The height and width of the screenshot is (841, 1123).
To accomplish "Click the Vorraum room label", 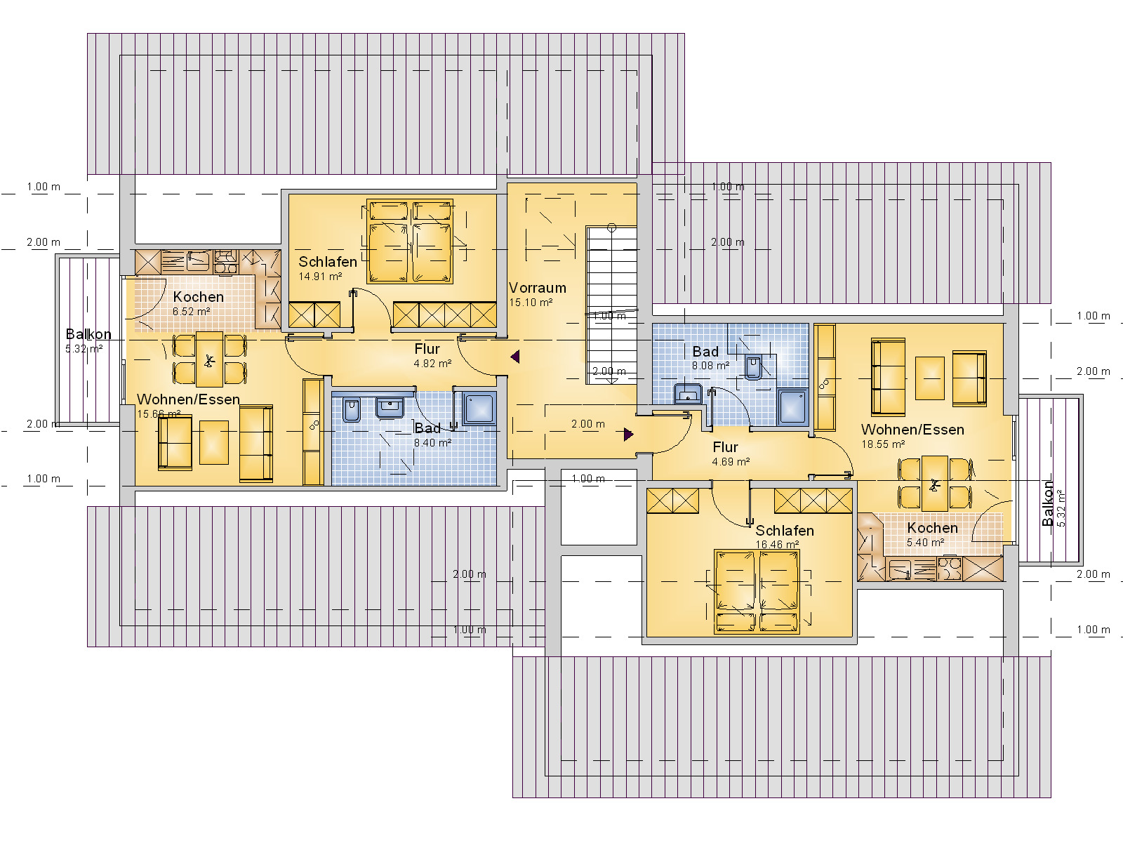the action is pyautogui.click(x=537, y=288).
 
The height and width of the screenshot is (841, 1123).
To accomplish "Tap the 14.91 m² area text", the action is pyautogui.click(x=320, y=277).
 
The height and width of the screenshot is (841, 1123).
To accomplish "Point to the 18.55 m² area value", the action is pyautogui.click(x=883, y=444).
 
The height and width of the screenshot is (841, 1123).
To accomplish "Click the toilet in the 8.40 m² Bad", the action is pyautogui.click(x=352, y=410).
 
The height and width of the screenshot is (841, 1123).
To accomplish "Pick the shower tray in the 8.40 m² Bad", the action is pyautogui.click(x=479, y=409).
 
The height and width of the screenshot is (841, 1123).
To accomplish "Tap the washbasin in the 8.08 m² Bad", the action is pyautogui.click(x=688, y=394).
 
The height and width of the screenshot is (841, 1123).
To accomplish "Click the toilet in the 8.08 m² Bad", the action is pyautogui.click(x=753, y=367).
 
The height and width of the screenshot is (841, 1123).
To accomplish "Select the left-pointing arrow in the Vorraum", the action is pyautogui.click(x=515, y=357).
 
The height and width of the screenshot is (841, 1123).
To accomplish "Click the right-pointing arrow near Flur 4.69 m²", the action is pyautogui.click(x=629, y=435).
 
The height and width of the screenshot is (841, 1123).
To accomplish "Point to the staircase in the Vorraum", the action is pyautogui.click(x=611, y=305).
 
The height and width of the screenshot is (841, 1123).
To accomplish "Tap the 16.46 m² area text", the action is pyautogui.click(x=777, y=545).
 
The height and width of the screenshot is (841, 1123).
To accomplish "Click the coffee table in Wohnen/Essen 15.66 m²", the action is pyautogui.click(x=214, y=442).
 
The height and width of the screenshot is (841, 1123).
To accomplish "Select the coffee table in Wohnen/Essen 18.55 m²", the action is pyautogui.click(x=929, y=378).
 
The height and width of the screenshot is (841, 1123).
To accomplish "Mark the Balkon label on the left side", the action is pyautogui.click(x=88, y=335).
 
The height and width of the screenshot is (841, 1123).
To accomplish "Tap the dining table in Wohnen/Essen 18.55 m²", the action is pyautogui.click(x=935, y=484).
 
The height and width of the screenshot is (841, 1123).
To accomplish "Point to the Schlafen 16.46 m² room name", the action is pyautogui.click(x=784, y=531).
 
